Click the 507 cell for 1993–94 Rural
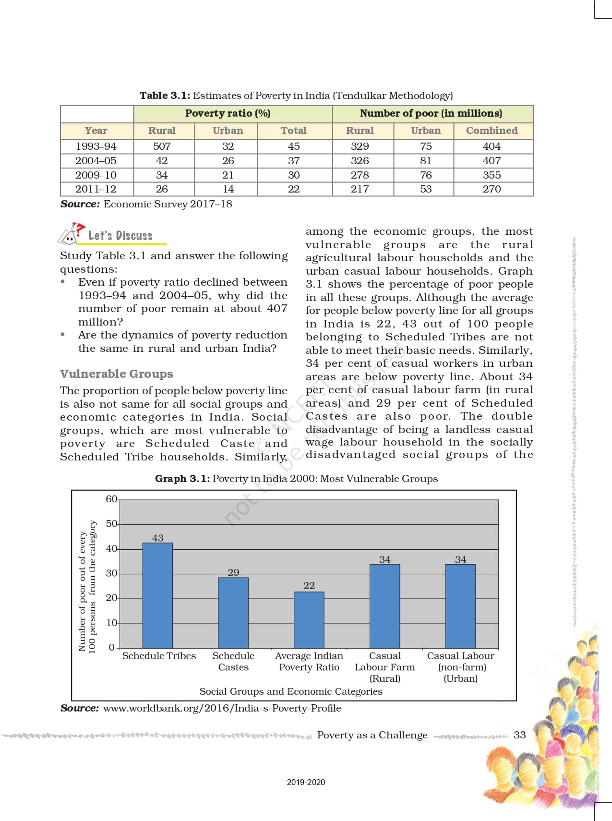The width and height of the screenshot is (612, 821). [162, 146]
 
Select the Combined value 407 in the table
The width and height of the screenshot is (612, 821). [492, 160]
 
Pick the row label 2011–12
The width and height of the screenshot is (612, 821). [96, 189]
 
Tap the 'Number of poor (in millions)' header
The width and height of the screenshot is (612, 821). [431, 113]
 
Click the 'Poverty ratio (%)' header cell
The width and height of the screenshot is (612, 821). [228, 113]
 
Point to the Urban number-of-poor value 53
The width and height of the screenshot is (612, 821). [425, 189]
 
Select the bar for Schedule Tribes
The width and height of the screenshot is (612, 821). [157, 595]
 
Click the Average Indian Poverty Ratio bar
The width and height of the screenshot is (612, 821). [309, 620]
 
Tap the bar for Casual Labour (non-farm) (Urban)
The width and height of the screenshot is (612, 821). [460, 606]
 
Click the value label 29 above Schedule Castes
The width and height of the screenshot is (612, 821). [233, 572]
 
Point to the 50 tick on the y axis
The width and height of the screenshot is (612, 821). [111, 523]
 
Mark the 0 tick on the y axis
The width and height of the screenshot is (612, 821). [112, 647]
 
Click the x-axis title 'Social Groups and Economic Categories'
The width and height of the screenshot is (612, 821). [291, 691]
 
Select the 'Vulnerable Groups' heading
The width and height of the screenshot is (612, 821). [116, 374]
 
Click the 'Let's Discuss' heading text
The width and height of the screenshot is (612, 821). [120, 236]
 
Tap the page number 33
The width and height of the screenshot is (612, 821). [519, 735]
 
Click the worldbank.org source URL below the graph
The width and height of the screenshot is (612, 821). [222, 708]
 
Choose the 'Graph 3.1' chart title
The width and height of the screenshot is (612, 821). [296, 479]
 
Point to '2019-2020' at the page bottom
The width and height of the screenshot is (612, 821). [306, 782]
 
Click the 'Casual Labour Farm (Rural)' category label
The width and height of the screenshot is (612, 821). [384, 667]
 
